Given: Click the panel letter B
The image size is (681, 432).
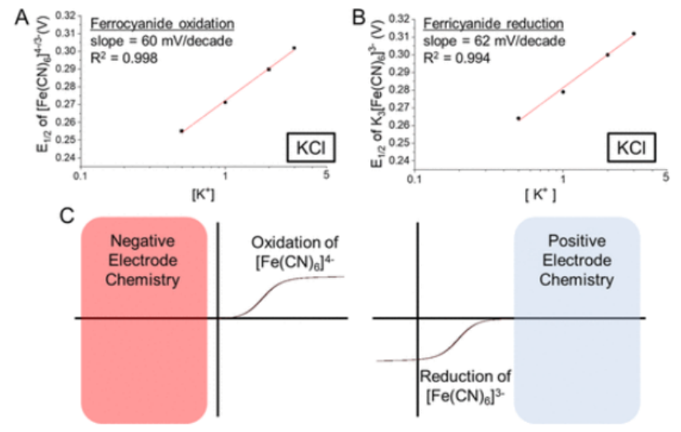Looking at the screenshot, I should click(x=357, y=14).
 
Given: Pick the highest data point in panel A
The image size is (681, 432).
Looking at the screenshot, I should click(x=294, y=48).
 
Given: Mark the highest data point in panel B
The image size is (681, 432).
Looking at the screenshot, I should click(x=633, y=34).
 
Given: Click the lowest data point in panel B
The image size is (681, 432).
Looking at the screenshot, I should click(x=518, y=119).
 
